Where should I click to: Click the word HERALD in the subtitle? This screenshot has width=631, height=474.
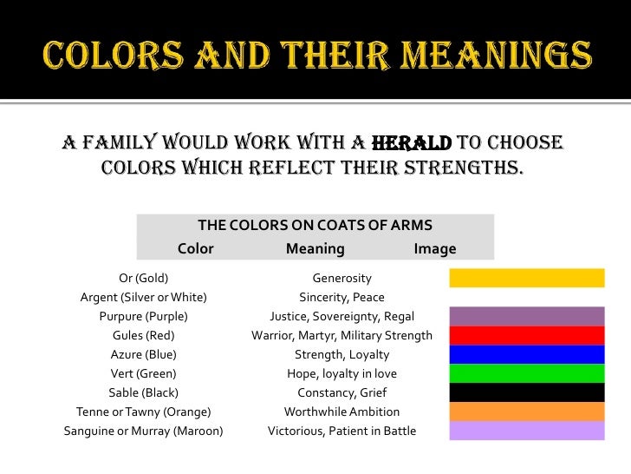point(412,143)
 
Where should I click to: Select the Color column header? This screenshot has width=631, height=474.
point(195,249)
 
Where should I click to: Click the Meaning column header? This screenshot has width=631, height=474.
point(315,249)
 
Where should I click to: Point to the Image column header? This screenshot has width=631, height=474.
point(435,249)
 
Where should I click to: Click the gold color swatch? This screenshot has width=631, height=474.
point(526,278)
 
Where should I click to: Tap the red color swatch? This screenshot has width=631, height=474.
point(526,335)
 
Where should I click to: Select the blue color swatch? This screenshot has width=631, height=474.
point(526,354)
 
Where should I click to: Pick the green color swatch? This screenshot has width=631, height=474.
point(526,373)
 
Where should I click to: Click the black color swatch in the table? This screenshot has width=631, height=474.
point(526,392)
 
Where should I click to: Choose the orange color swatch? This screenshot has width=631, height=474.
point(526,411)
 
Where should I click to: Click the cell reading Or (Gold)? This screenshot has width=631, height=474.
point(143,279)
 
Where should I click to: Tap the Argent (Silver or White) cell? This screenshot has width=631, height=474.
point(143,298)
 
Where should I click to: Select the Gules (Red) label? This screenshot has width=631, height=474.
point(143,336)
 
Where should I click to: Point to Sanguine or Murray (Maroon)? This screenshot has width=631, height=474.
point(143,431)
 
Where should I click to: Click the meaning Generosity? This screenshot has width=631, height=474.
point(342,279)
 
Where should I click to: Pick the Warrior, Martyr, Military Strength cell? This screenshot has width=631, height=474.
point(342,336)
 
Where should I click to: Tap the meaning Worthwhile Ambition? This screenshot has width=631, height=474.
point(342,412)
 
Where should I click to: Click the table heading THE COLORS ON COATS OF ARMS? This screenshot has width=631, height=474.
point(315,226)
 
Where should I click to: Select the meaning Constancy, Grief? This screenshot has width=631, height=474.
point(342,393)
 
